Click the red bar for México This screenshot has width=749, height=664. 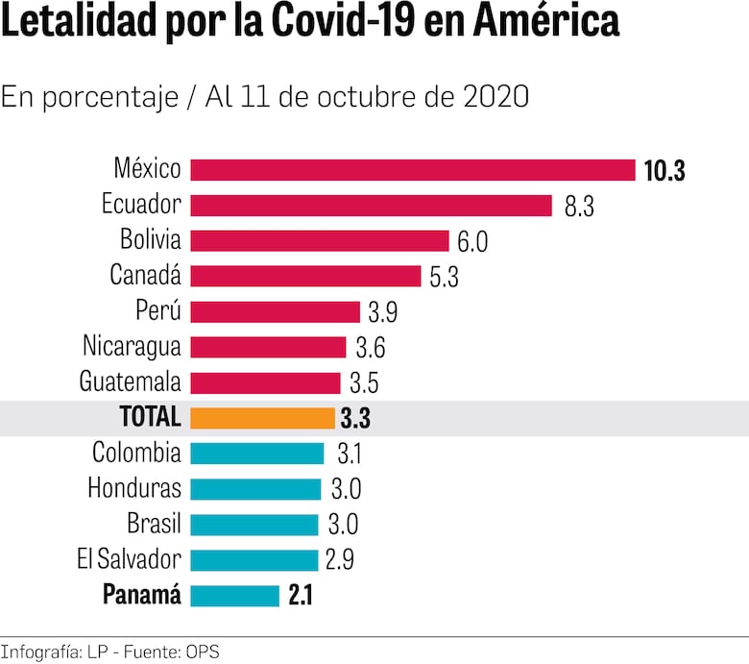click(x=413, y=170)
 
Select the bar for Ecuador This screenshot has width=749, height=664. click(x=371, y=206)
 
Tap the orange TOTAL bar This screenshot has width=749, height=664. click(x=262, y=418)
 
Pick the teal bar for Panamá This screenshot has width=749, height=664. click(x=234, y=596)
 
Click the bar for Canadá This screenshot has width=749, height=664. click(x=305, y=277)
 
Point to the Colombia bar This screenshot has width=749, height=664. click(x=257, y=454)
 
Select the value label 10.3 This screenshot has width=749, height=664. click(x=664, y=171)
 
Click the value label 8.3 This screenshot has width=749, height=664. click(x=579, y=207)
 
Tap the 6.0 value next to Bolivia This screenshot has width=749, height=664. click(x=472, y=242)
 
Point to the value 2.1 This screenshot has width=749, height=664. click(x=301, y=597)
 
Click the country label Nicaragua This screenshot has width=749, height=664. click(x=132, y=346)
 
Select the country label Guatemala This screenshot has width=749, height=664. click(x=130, y=381)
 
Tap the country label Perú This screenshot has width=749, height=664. click(x=158, y=311)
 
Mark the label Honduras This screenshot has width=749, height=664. click(x=134, y=488)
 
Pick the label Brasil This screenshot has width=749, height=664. click(x=154, y=524)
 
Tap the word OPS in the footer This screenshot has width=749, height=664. click(x=203, y=652)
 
